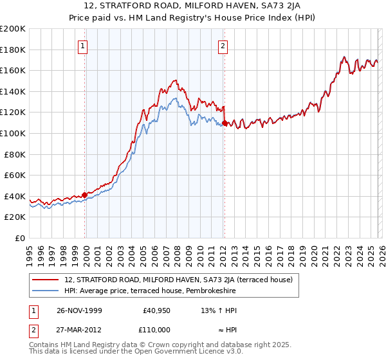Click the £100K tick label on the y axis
coord(13,133)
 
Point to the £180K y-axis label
coord(13,50)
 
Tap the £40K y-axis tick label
coord(15,196)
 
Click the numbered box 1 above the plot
coord(84,45)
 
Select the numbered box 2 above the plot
coord(223,45)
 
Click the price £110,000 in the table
coord(155,330)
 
